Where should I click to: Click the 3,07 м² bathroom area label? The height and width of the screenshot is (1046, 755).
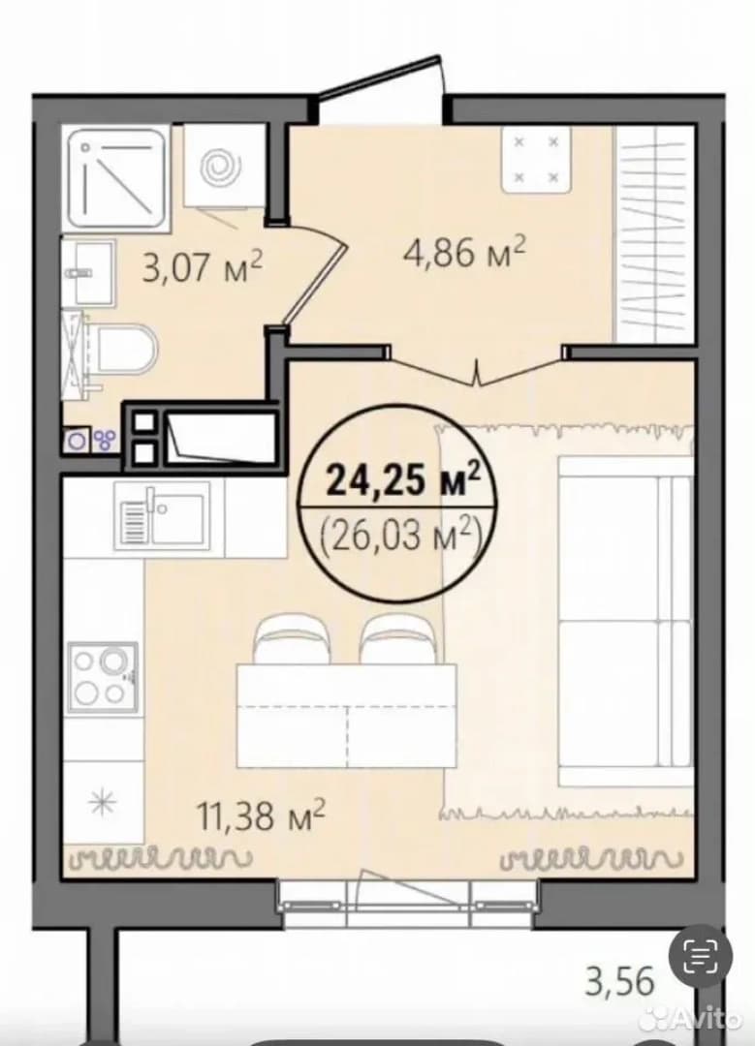(203, 267)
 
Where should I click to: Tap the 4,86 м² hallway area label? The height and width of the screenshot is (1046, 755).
(464, 254)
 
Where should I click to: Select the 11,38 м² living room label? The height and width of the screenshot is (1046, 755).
(261, 816)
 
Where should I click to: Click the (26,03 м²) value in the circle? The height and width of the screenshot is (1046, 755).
(402, 535)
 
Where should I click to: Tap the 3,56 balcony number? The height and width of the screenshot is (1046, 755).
(618, 982)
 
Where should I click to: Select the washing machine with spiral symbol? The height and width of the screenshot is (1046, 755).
(223, 166)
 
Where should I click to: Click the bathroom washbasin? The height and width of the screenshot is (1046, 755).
(89, 273)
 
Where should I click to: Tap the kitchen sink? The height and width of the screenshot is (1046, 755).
(162, 516)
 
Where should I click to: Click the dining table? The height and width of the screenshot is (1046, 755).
(346, 716)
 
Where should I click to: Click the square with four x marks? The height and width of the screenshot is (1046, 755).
(535, 160)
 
